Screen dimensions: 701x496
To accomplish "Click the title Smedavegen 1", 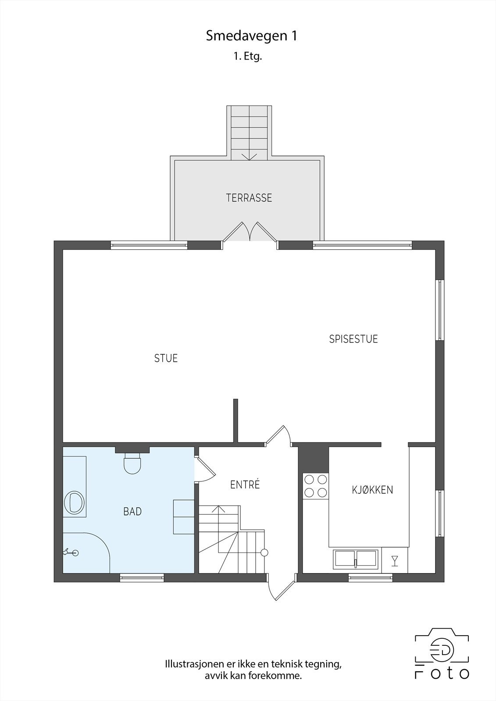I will click(252, 36).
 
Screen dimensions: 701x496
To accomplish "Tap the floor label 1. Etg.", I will click(248, 57).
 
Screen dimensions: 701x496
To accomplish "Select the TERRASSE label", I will click(249, 198).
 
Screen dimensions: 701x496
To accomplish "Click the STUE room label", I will click(166, 358).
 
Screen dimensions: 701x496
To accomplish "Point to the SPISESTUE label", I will click(353, 339).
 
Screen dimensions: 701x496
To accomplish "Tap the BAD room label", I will click(132, 511).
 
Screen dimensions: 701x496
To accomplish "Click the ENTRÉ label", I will click(245, 485).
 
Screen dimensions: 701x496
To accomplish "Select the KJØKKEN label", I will click(372, 490).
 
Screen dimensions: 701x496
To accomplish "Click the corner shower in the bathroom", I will click(86, 553).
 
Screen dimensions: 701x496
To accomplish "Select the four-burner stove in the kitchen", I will click(316, 486).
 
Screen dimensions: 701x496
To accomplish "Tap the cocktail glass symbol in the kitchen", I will click(395, 560).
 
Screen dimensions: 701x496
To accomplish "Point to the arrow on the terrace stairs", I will click(249, 156).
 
